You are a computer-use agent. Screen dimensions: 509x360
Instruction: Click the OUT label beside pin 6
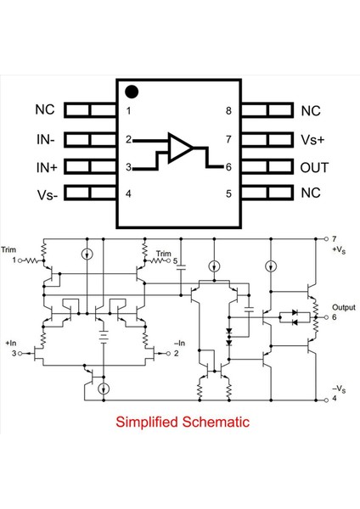(x=314, y=167)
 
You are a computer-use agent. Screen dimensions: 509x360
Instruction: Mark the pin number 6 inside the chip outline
(x=229, y=167)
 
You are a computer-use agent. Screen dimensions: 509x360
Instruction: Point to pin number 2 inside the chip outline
(x=128, y=139)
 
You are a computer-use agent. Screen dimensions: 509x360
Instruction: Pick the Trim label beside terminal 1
(x=9, y=250)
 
